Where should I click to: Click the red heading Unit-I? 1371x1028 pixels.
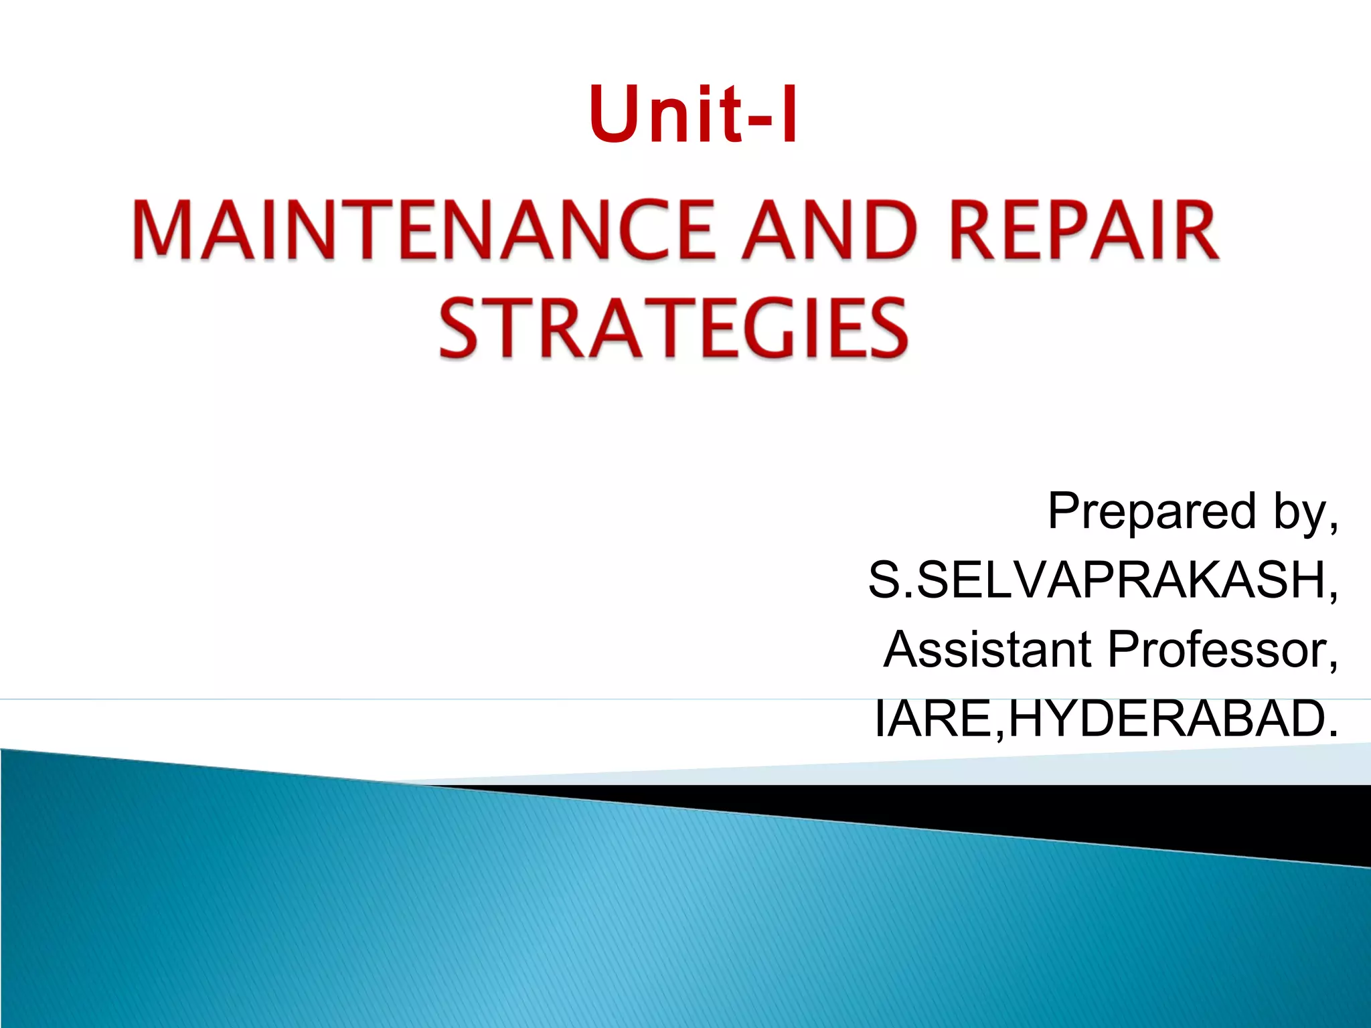tap(693, 114)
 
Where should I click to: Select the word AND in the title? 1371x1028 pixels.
tap(830, 230)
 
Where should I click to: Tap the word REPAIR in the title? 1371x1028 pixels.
tap(1084, 230)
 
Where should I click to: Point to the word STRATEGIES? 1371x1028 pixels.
tap(673, 328)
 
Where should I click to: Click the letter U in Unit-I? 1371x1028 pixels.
tap(615, 114)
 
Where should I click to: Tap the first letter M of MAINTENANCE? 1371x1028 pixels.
tap(163, 230)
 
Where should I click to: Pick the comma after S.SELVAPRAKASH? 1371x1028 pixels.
tap(1334, 596)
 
